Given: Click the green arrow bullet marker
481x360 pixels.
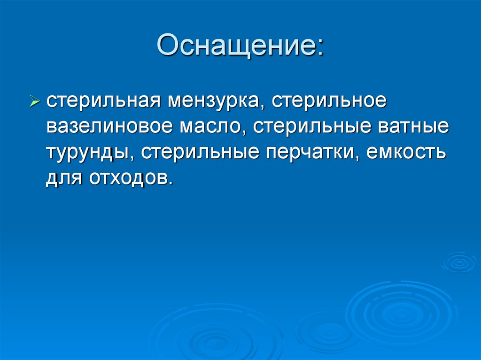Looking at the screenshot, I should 36,101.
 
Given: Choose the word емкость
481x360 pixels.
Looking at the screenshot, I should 406,153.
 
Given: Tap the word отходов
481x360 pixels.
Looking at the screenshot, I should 124,178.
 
